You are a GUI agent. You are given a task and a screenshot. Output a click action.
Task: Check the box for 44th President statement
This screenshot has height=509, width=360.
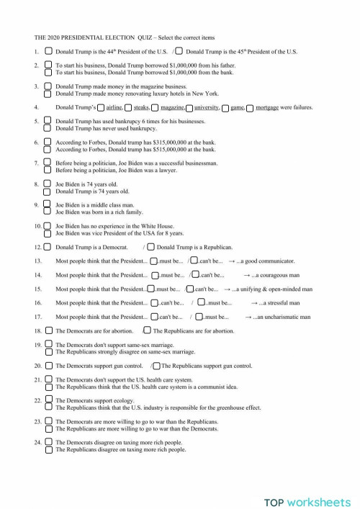(x=48, y=52)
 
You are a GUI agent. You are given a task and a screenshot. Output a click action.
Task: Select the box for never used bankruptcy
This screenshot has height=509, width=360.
(x=48, y=128)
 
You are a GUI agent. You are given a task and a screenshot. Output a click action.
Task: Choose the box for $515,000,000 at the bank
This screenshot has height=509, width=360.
(x=48, y=149)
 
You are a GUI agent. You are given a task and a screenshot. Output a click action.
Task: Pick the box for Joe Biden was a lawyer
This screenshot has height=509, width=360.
(x=48, y=170)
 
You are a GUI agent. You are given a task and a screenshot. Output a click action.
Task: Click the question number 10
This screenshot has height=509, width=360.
(x=38, y=225)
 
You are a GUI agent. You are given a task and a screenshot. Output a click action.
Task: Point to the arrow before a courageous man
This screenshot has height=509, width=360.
(x=246, y=274)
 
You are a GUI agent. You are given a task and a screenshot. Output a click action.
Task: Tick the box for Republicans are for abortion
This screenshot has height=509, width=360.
(x=147, y=330)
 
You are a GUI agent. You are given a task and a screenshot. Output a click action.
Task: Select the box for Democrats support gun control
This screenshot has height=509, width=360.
(x=48, y=365)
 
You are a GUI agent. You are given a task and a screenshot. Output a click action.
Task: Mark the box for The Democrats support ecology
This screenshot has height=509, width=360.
(x=48, y=400)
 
